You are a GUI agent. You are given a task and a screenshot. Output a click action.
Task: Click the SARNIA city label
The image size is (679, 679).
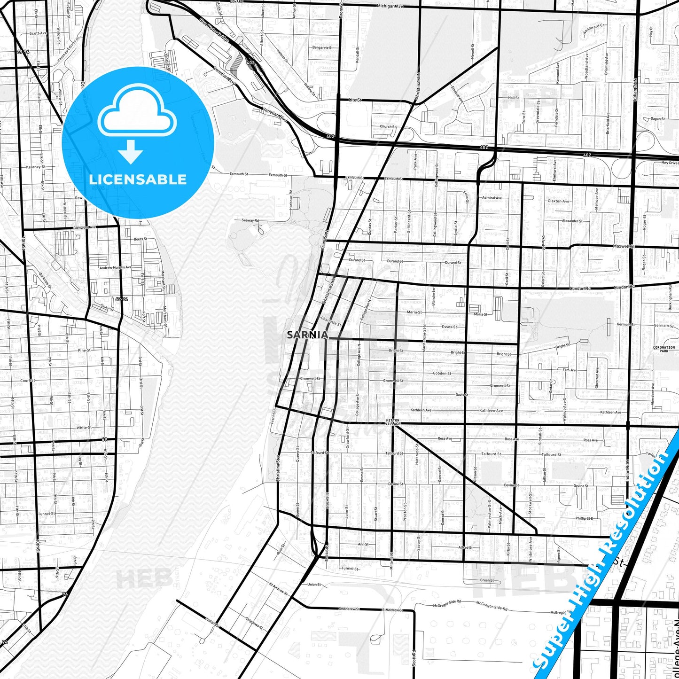tap(308, 335)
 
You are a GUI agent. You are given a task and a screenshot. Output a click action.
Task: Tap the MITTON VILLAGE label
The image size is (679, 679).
tap(392, 421)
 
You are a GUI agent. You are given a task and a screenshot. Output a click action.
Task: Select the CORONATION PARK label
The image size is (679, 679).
tap(663, 349)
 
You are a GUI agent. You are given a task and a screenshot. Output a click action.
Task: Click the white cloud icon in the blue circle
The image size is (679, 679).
tap(137, 112)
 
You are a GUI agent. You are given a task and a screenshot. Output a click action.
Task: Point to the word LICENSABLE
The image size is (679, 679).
tap(138, 180)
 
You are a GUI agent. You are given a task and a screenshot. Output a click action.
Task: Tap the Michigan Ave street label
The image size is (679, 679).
tap(390, 6)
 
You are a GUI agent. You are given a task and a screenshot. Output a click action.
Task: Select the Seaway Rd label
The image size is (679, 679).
tap(250, 220)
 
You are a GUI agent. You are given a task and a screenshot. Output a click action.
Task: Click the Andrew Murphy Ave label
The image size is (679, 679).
tap(116, 267)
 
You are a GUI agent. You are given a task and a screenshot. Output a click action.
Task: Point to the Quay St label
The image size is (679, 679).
tap(107, 308)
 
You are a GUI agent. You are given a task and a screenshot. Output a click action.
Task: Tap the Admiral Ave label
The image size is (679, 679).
tap(492, 198)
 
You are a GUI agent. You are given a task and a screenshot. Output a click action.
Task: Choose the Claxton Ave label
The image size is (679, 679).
tap(558, 201)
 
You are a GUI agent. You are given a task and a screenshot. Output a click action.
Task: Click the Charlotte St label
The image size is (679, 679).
tap(331, 321)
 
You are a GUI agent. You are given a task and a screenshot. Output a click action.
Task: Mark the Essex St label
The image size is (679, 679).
tap(449, 327)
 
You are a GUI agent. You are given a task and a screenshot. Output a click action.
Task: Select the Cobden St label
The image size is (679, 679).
tap(442, 374)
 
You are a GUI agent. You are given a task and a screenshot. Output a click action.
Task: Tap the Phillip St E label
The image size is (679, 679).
tap(584, 518)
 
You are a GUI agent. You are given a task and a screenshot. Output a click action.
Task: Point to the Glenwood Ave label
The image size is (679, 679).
tap(85, 227)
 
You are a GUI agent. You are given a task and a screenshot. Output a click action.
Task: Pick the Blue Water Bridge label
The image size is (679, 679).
tap(214, 30)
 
